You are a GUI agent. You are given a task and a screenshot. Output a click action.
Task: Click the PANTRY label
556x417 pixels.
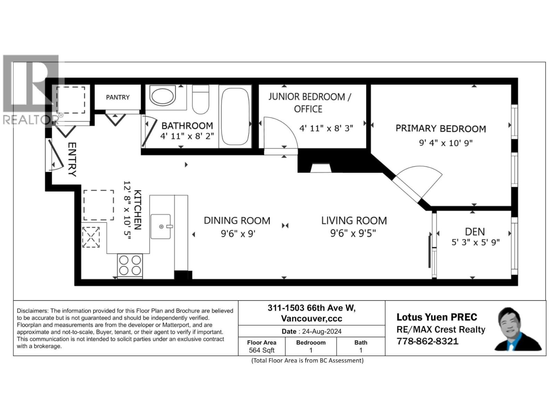(x=117, y=97)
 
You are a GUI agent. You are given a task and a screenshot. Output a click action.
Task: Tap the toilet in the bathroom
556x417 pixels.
(x=201, y=100)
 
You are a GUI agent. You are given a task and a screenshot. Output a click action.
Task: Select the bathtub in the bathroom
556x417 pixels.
(x=235, y=116)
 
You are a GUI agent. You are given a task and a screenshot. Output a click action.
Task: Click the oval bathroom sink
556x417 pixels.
(x=163, y=96)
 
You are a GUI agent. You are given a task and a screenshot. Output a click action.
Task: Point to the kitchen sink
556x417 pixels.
(x=161, y=227)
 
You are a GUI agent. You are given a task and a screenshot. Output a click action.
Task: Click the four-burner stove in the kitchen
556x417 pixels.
(x=130, y=265)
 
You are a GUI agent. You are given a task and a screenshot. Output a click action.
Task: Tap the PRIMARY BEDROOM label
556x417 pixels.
(x=441, y=129)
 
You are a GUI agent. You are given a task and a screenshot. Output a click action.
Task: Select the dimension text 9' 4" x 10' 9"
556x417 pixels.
(x=445, y=143)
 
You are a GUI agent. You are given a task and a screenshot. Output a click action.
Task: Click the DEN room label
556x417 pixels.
(x=475, y=232)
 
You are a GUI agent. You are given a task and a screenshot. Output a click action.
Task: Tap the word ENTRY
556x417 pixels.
(x=72, y=159)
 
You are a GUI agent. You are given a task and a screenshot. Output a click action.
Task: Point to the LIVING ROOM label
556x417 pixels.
(x=354, y=221)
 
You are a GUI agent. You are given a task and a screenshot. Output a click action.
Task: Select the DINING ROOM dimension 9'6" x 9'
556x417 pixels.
(x=238, y=234)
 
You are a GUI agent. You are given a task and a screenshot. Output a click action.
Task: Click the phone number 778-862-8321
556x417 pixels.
(x=427, y=341)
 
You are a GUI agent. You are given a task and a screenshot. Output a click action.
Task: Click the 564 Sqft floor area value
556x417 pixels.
(x=262, y=350)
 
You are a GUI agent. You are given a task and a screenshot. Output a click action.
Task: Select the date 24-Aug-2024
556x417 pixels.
(x=322, y=331)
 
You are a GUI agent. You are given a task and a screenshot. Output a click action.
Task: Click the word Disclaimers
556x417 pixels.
(x=32, y=311)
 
